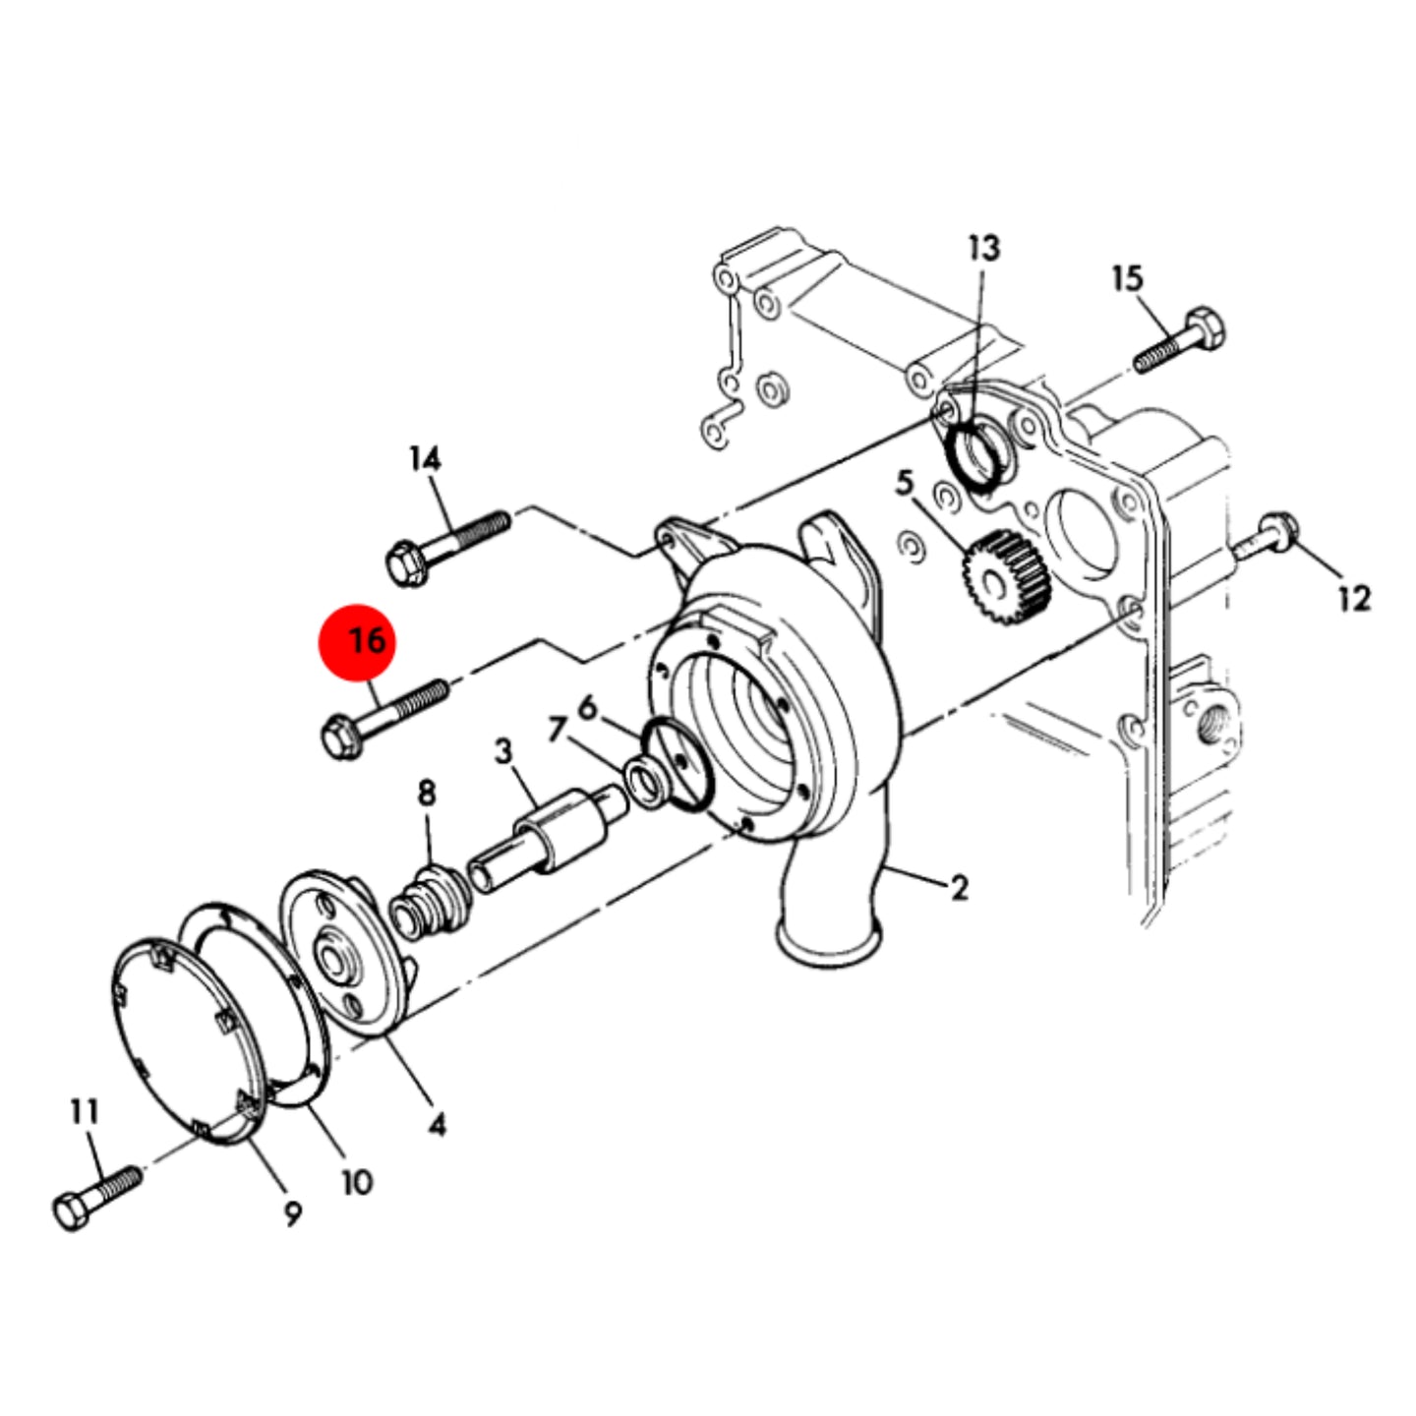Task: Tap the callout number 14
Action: pos(426,458)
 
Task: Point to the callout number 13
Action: pos(984,248)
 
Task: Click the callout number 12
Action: pos(1354,598)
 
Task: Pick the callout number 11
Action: pos(84,1111)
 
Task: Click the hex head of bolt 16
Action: pos(342,737)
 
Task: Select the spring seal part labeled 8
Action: pos(429,900)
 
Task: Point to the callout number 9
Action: pos(292,1213)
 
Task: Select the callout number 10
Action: pos(357,1182)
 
